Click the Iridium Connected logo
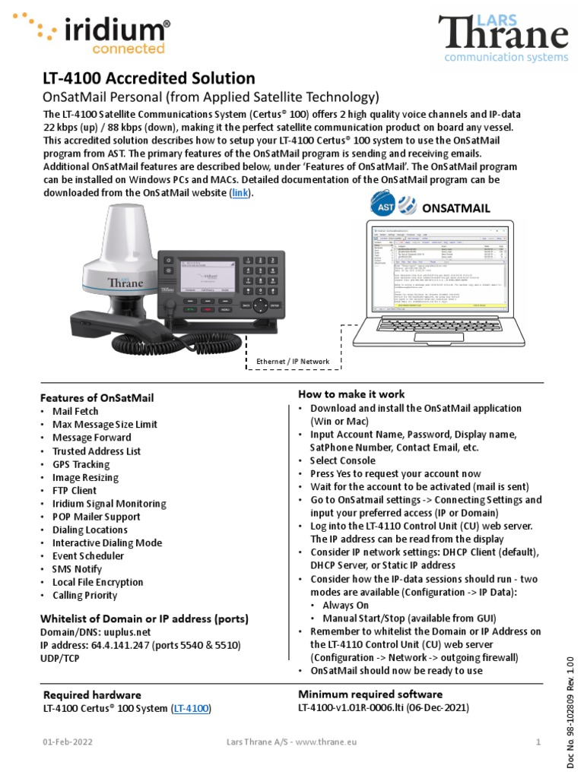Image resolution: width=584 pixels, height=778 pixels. pos(91,32)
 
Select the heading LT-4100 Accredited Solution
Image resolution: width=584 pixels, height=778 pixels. pos(148,78)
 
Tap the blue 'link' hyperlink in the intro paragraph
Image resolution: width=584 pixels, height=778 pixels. pos(240,193)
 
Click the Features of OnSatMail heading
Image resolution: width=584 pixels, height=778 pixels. pos(97,397)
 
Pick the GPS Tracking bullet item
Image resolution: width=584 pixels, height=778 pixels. pos(81,463)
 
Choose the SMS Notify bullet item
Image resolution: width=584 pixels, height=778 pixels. pos(78,568)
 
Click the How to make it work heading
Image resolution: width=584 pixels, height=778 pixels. pos(351,394)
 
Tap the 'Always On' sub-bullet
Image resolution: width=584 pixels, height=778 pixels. pos(347,605)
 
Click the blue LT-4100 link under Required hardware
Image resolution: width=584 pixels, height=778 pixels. pos(190,708)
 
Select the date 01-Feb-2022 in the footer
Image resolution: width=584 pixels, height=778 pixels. pos(63,742)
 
